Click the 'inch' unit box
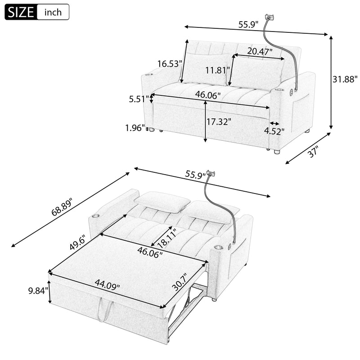pos(53,12)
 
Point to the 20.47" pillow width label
pos(260,52)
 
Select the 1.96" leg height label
pos(135,128)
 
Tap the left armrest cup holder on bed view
pos(95,217)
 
